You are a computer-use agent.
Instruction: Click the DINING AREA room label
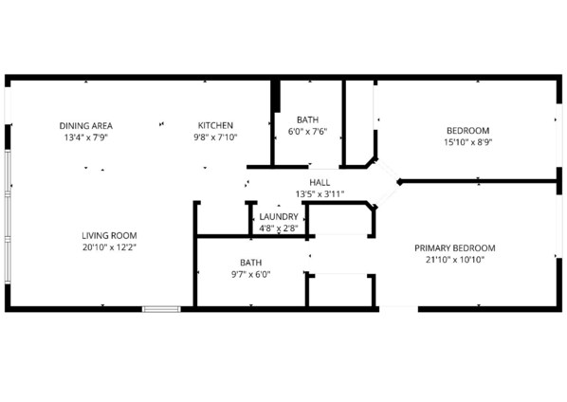[86, 126]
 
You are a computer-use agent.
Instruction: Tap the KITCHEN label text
[215, 125]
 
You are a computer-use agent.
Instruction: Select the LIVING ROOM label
[109, 236]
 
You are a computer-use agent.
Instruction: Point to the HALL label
[320, 183]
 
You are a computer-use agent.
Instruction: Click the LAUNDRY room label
[279, 217]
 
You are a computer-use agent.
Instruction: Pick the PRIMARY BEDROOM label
[455, 248]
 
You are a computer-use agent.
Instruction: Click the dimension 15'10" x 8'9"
[468, 142]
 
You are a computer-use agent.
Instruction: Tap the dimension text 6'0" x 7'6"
[308, 132]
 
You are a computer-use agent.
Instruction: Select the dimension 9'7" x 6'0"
[251, 274]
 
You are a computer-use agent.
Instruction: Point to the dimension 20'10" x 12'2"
[109, 247]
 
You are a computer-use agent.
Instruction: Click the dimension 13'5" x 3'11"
[320, 194]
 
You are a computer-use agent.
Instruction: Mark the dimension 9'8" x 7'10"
[215, 137]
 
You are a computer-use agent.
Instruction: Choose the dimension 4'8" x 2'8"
[279, 228]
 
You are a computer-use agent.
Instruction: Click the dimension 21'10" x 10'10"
[455, 260]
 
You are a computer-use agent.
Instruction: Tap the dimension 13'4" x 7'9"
[86, 137]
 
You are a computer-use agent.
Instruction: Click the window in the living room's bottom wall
[161, 309]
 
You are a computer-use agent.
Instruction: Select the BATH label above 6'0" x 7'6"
[308, 119]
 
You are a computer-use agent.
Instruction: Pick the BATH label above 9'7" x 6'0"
[251, 263]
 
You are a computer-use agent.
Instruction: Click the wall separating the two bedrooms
[479, 181]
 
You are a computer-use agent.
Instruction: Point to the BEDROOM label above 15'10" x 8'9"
[468, 131]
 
